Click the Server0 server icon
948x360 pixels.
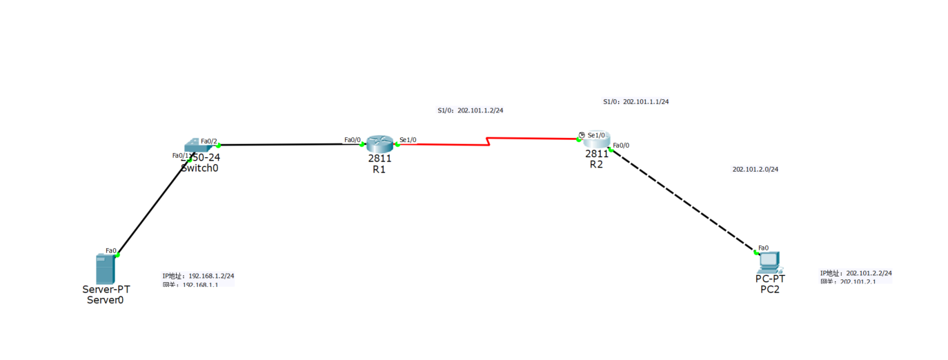[x=105, y=269]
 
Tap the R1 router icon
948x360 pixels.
[x=379, y=143]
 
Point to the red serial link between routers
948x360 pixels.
[x=488, y=142]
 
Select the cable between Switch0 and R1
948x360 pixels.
[x=283, y=145]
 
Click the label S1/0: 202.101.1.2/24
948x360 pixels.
[x=470, y=110]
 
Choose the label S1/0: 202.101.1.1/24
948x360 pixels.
[x=635, y=101]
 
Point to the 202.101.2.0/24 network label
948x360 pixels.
[x=760, y=169]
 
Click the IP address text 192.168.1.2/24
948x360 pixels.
[x=211, y=276]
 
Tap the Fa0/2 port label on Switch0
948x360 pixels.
[x=208, y=141]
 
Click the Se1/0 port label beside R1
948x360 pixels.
[x=408, y=140]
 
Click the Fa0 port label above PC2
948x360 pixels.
[x=763, y=248]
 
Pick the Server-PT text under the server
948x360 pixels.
[x=106, y=290]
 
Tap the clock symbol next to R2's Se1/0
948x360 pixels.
[x=582, y=135]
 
